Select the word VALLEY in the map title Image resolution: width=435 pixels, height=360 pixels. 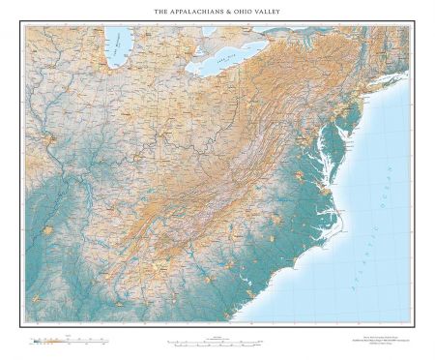coord(272,12)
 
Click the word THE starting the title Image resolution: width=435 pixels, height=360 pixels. coord(161,12)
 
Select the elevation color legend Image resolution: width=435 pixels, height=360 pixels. coord(58,341)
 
